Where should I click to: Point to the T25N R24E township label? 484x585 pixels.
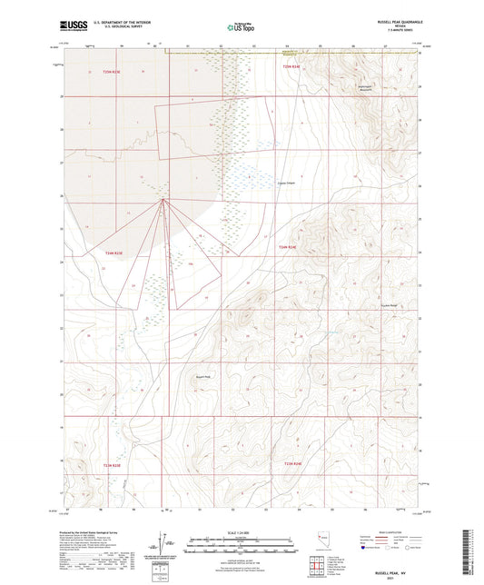(291, 66)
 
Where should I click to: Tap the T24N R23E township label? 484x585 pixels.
(113, 253)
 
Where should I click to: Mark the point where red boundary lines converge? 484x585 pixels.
(163, 199)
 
